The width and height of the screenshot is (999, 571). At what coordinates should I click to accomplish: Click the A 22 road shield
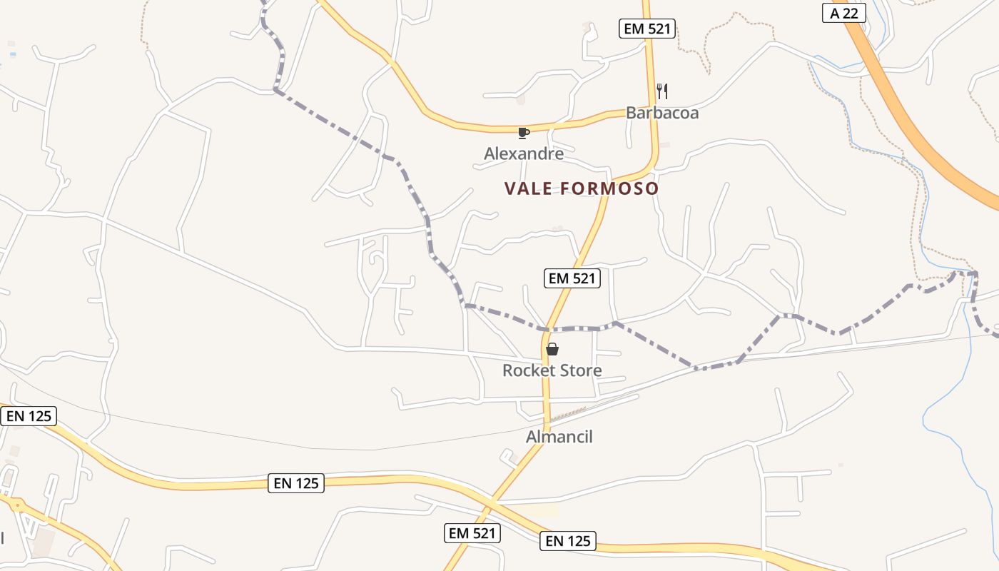[843, 13]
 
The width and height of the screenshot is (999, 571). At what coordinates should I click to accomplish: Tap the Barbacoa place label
[661, 113]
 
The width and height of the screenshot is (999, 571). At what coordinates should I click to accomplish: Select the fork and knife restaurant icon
[662, 91]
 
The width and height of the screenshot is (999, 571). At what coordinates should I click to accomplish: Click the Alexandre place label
[524, 153]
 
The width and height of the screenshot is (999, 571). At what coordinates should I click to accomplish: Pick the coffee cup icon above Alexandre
[524, 133]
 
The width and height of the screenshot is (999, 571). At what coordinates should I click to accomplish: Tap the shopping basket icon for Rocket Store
[552, 349]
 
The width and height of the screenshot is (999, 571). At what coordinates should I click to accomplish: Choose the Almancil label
[559, 437]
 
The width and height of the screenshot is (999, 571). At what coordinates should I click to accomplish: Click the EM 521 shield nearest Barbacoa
[646, 29]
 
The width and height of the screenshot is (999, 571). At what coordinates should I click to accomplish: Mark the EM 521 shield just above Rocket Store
[572, 278]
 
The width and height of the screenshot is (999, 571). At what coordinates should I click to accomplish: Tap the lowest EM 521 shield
[472, 532]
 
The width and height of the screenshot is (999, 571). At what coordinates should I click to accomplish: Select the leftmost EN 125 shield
[29, 416]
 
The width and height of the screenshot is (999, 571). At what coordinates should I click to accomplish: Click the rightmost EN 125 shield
[568, 541]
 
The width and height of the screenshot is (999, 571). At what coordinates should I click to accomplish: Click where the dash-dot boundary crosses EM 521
[547, 329]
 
